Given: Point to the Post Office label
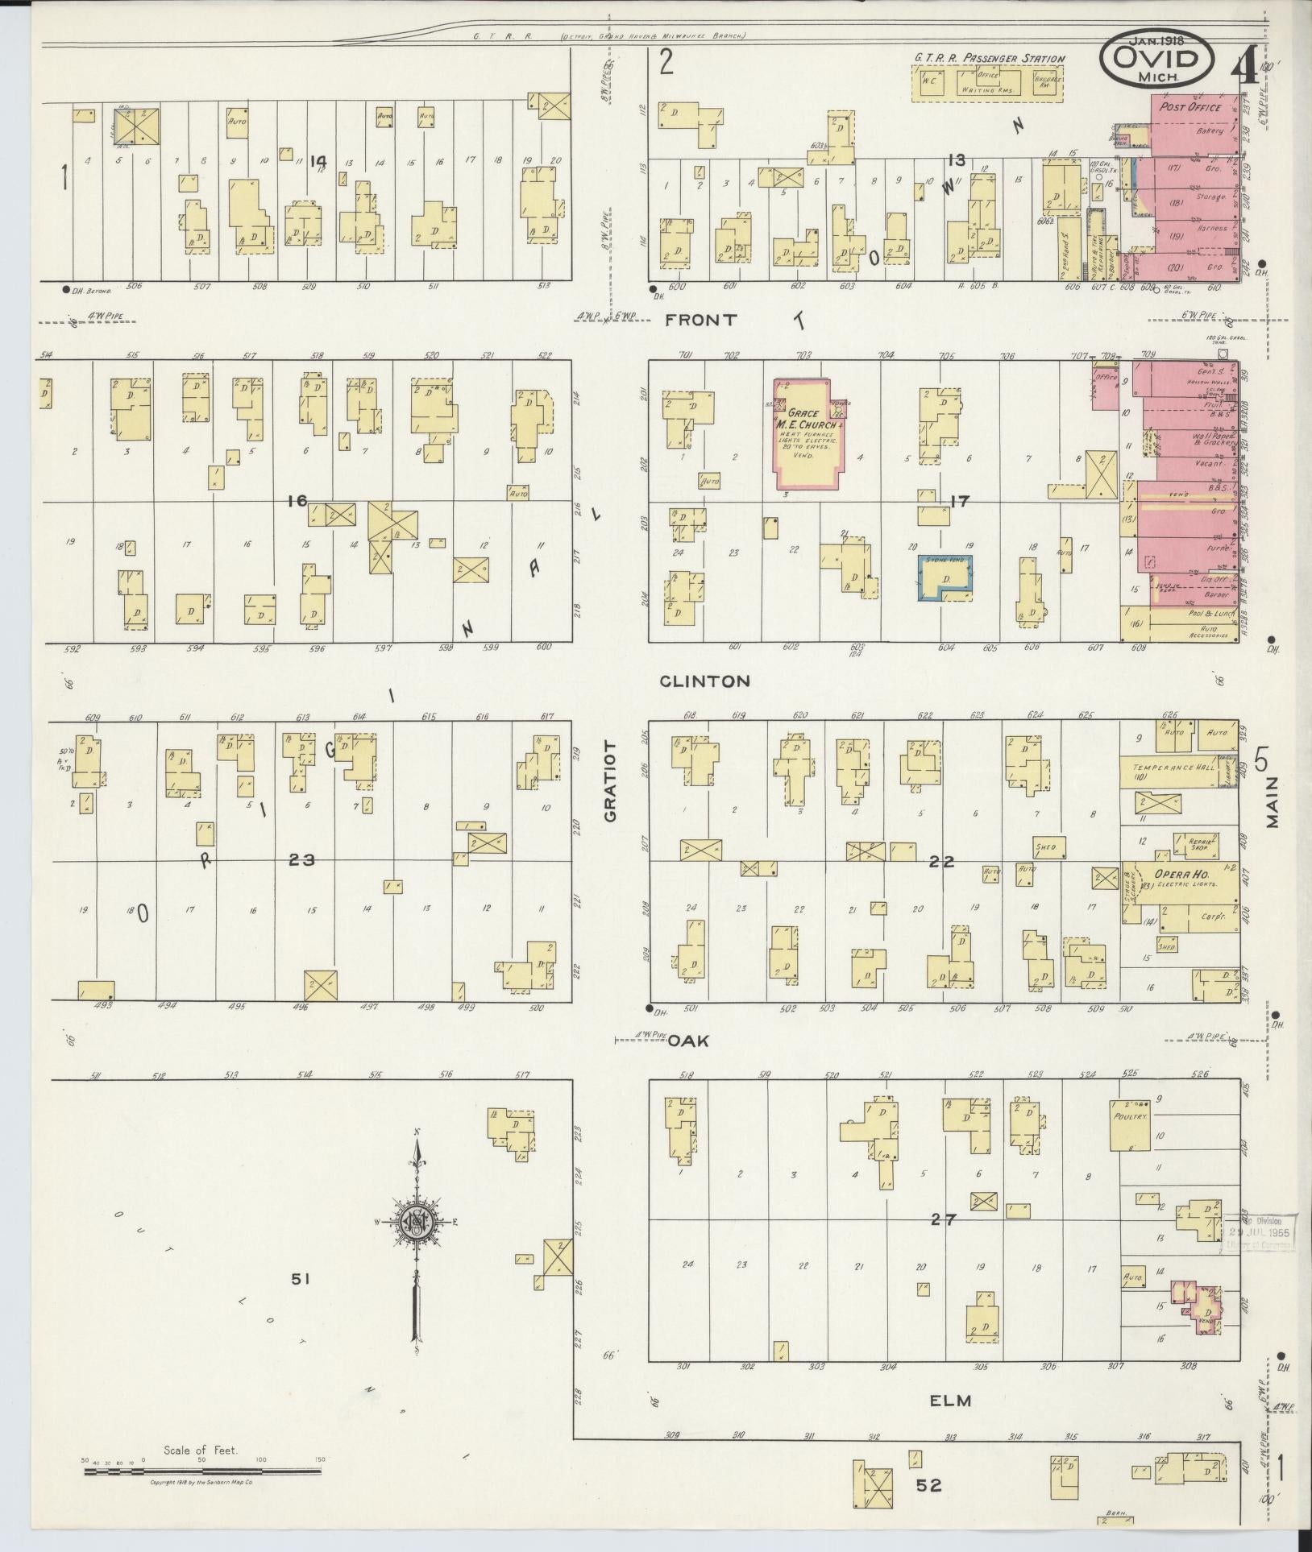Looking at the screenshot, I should pyautogui.click(x=1190, y=107).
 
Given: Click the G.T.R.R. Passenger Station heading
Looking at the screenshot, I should pyautogui.click(x=989, y=58).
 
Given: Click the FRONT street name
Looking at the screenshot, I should pyautogui.click(x=700, y=320).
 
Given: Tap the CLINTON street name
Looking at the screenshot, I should pyautogui.click(x=704, y=681).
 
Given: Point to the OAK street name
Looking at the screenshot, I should pyautogui.click(x=687, y=1041).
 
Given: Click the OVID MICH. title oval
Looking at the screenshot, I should pyautogui.click(x=1157, y=63).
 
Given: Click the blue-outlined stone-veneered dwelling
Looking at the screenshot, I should pyautogui.click(x=945, y=577).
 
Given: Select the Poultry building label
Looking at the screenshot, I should pyautogui.click(x=1131, y=1117).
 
